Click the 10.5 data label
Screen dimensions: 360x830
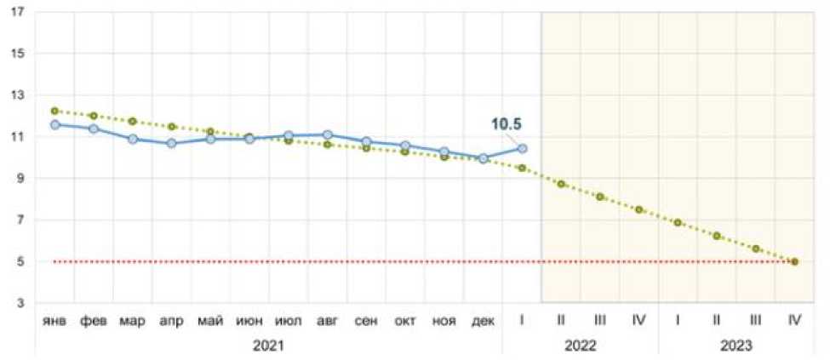[506, 124]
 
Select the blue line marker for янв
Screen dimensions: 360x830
[55, 125]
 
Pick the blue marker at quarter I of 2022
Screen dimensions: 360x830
[522, 148]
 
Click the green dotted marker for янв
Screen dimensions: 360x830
[55, 111]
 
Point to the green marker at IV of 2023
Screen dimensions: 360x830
[794, 262]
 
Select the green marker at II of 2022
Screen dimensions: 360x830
[561, 184]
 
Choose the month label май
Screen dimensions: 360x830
[211, 322]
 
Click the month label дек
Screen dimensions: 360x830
[483, 322]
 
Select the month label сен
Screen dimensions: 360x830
[366, 322]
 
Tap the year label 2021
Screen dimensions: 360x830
[269, 346]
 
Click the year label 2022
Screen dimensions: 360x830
[581, 346]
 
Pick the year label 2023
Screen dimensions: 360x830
[736, 346]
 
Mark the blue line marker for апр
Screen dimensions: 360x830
[172, 144]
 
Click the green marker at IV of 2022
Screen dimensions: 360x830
[638, 209]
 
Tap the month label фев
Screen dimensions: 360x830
[94, 322]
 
